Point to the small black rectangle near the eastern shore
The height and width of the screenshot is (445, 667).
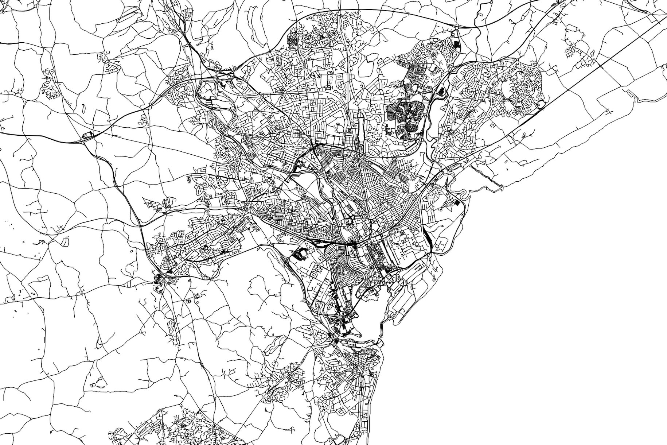pyautogui.click(x=457, y=202)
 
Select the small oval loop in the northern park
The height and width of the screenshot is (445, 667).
pyautogui.click(x=338, y=125)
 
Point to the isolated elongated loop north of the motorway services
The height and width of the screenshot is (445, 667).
pyautogui.click(x=83, y=108)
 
